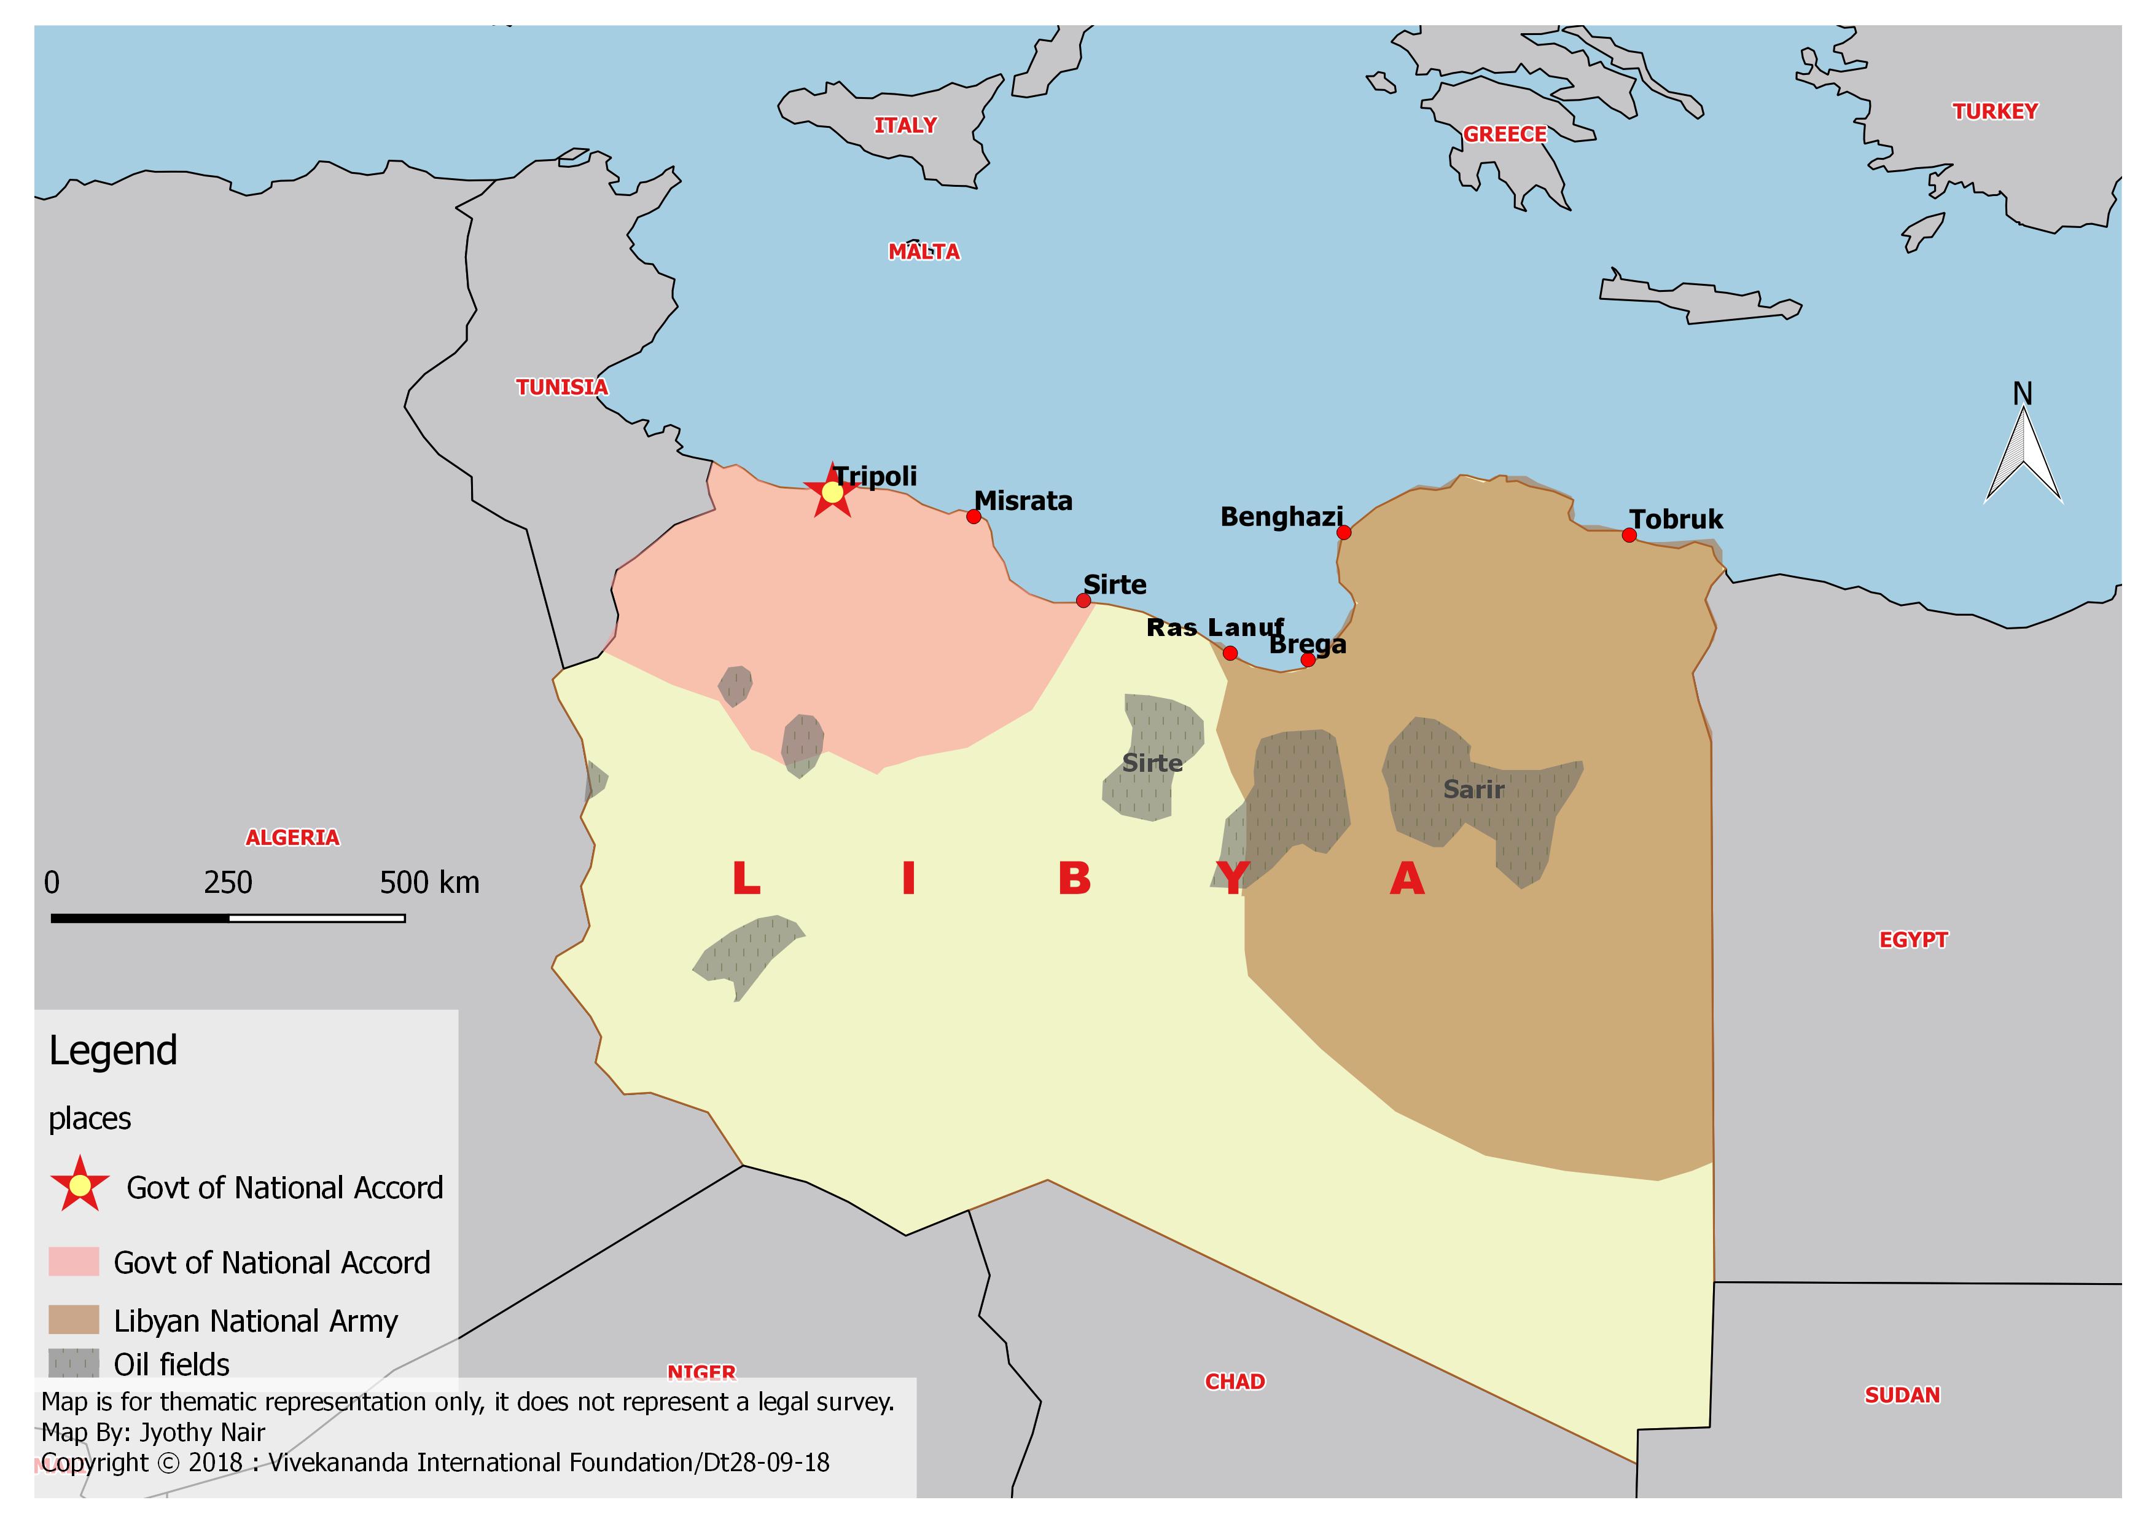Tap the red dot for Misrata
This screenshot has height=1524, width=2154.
pos(974,517)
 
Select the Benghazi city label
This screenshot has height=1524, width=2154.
pos(1281,517)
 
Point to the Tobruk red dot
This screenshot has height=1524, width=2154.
pos(1629,535)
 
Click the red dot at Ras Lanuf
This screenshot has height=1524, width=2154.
pos(1230,653)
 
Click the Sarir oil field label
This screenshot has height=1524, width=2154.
pos(1473,790)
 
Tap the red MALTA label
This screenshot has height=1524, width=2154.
pos(924,251)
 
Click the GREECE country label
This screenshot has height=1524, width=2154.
pos(1505,134)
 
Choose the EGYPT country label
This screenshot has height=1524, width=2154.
pos(1913,940)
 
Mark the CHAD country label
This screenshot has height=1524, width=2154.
pos(1235,1381)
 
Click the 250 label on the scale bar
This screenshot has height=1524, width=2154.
pos(228,883)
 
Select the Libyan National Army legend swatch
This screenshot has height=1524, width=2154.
pos(73,1319)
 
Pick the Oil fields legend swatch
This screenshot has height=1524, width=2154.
pos(73,1362)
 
